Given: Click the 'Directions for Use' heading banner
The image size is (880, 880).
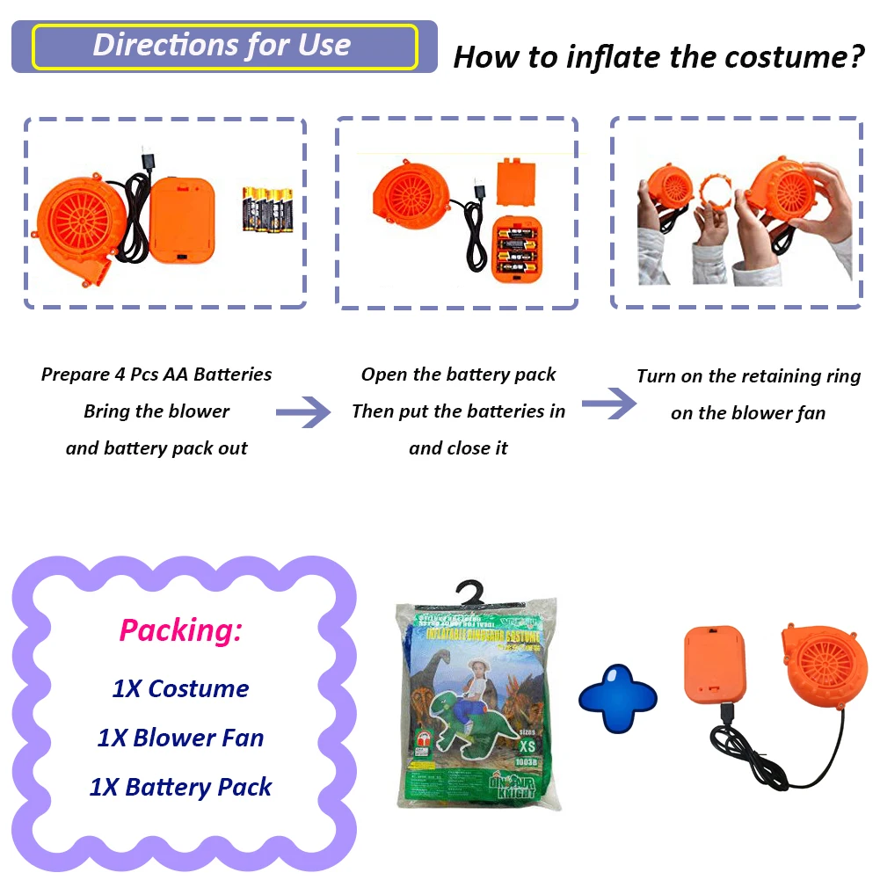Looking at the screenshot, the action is tap(224, 47).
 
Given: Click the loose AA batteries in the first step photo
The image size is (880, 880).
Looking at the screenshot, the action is tap(267, 207).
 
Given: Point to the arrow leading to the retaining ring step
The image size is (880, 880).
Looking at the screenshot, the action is tap(608, 404).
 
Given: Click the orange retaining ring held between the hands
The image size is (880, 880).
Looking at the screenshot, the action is tap(719, 193).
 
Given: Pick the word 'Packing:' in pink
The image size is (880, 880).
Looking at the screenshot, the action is tap(180, 630).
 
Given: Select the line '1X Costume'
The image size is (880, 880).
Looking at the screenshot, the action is tap(180, 688).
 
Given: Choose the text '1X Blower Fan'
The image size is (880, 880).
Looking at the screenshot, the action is tap(180, 738).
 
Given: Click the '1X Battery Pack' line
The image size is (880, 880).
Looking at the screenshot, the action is tap(180, 787).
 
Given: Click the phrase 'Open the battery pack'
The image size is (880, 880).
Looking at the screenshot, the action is tap(458, 375).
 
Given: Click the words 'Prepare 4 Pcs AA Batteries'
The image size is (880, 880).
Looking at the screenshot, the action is tap(156, 375).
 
